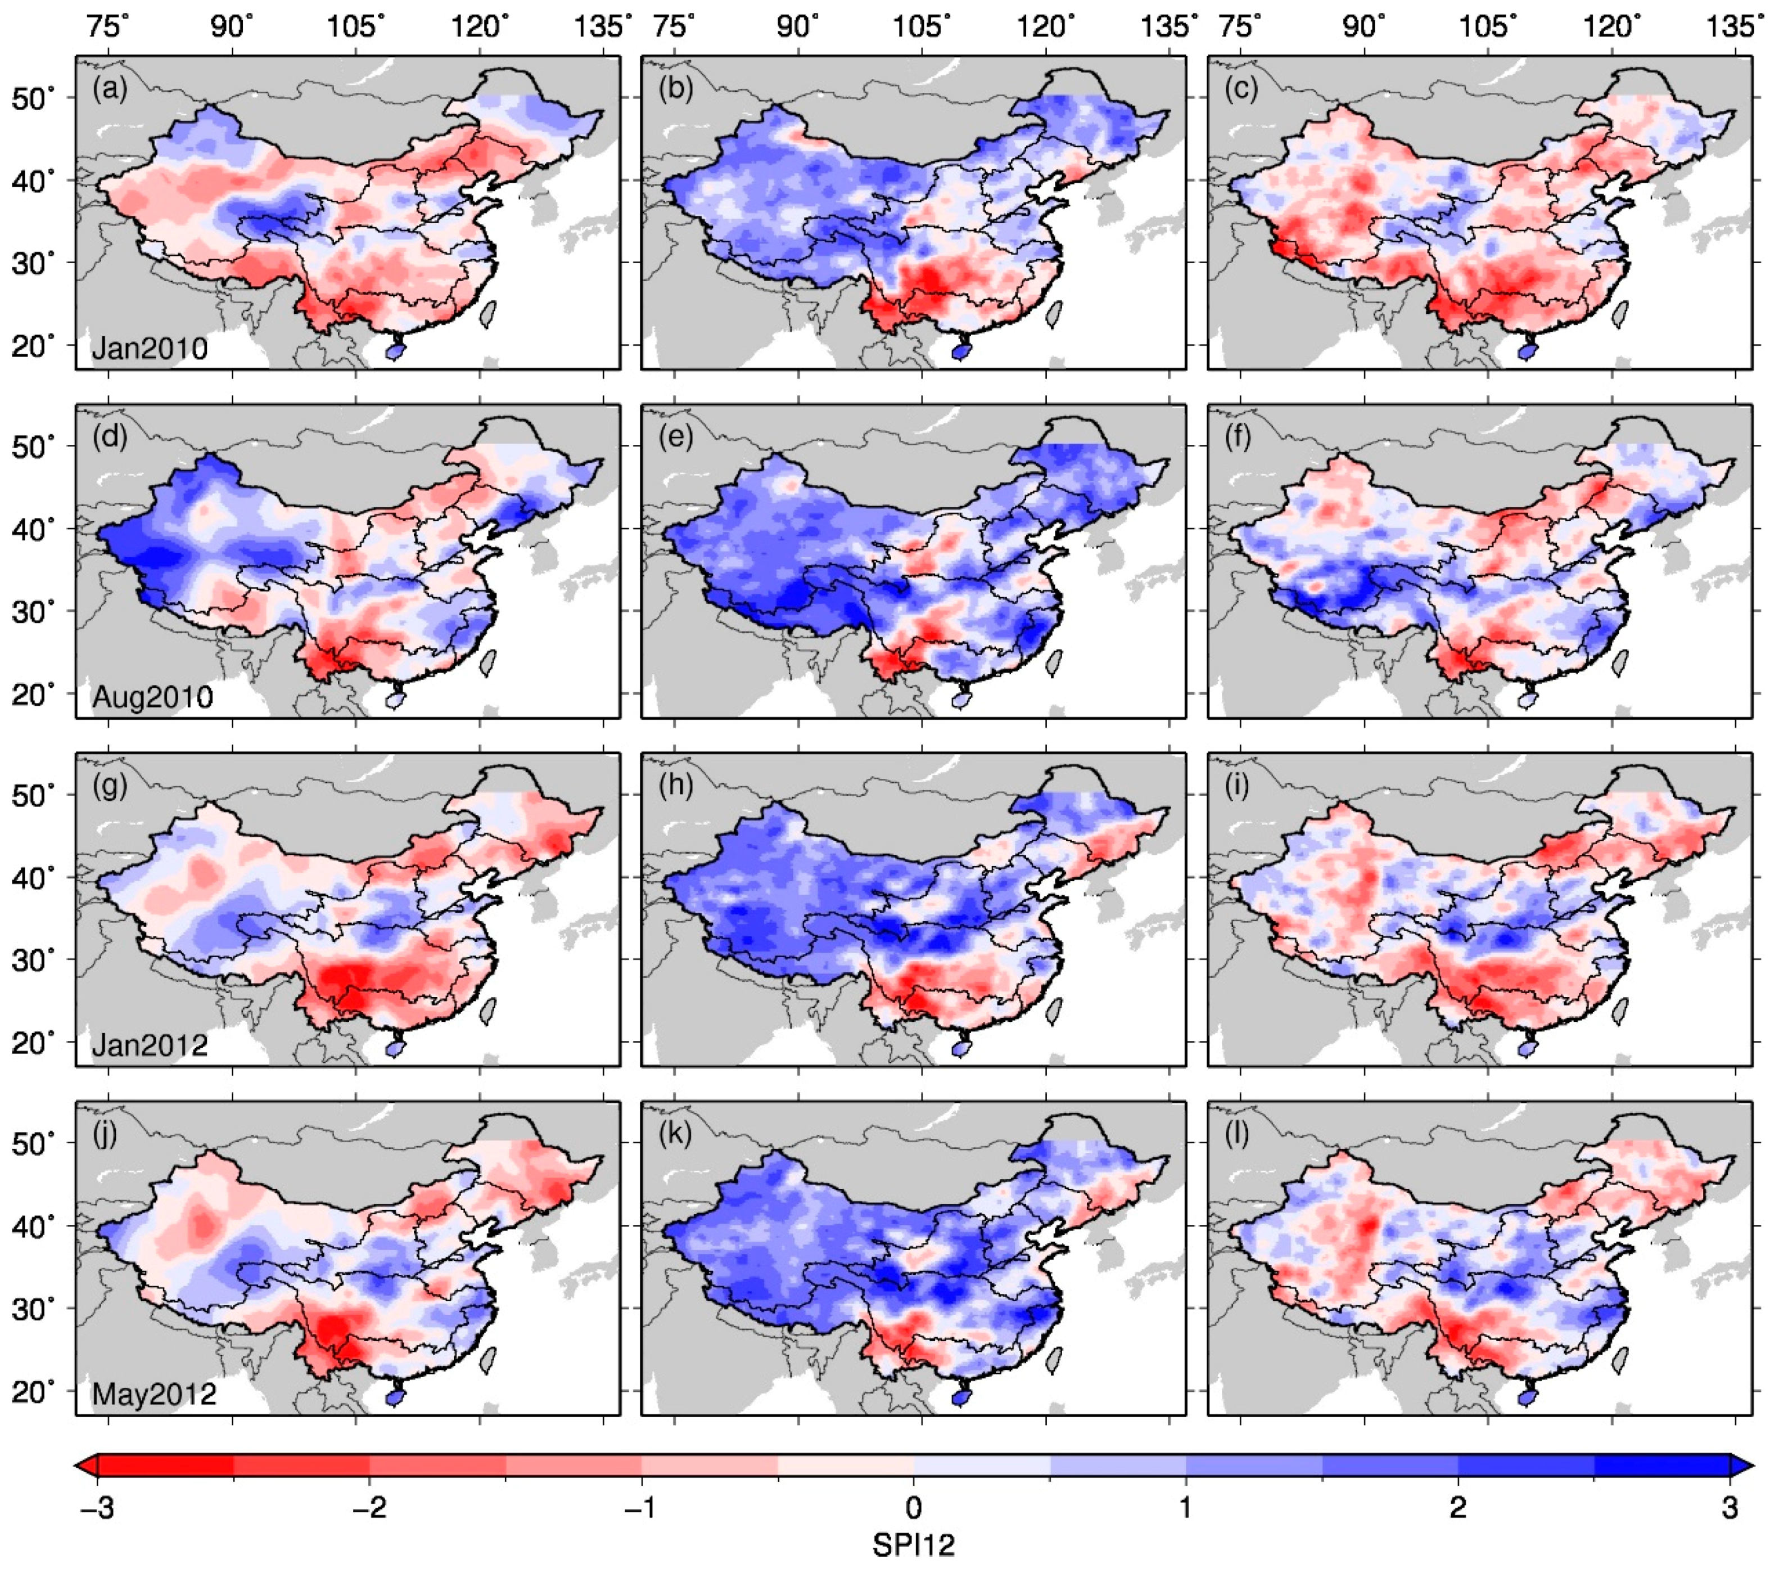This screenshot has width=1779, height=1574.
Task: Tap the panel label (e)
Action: coord(675,437)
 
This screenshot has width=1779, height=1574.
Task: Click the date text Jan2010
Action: coord(150,349)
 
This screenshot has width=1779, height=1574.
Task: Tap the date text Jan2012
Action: coord(150,1045)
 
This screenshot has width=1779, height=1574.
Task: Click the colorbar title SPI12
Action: coord(913,1545)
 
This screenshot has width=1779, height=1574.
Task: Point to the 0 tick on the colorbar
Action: coord(913,1507)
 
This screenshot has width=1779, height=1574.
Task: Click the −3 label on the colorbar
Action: coord(97,1507)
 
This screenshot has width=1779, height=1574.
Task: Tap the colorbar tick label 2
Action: coord(1458,1507)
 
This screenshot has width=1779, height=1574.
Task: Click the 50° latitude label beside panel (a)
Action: coord(33,98)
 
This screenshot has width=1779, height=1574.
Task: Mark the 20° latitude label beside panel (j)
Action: coord(33,1392)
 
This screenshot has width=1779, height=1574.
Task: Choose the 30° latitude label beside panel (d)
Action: coord(33,612)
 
